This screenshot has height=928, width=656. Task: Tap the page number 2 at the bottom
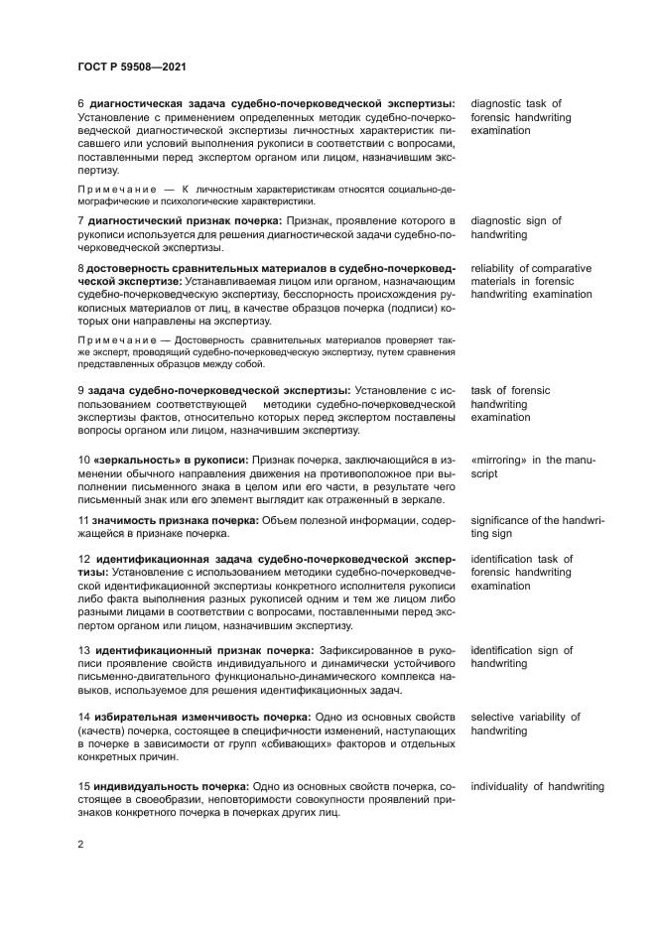click(80, 843)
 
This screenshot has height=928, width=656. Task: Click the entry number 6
click(80, 103)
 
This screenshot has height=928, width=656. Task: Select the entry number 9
click(80, 391)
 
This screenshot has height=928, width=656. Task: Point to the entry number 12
click(84, 559)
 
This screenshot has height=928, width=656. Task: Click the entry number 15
click(84, 786)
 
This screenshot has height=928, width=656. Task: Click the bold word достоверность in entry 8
click(131, 268)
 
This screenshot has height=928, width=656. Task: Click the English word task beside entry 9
click(482, 391)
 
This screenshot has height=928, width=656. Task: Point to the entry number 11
click(83, 520)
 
